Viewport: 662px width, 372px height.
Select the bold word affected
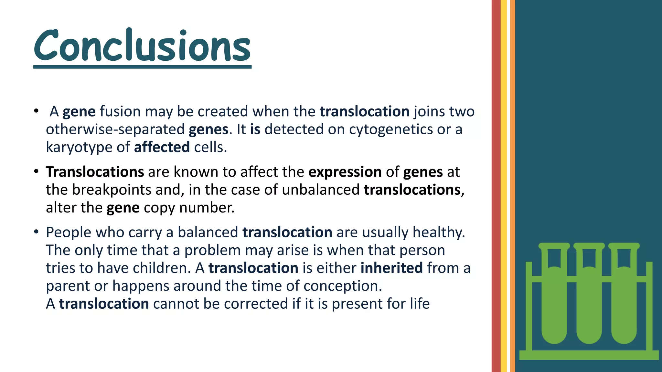pos(162,147)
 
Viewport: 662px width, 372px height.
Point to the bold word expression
pos(345,172)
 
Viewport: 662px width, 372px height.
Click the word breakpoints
pos(111,190)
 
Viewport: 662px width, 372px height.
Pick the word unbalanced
pos(320,190)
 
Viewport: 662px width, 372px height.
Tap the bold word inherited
pos(391,268)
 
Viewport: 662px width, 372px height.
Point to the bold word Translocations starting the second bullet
pos(95,172)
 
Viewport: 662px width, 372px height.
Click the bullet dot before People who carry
pos(36,232)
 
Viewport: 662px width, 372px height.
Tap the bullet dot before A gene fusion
pos(36,111)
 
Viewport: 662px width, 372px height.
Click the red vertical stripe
pos(496,186)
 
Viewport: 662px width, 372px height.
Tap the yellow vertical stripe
pos(504,186)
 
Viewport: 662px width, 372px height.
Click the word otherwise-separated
pos(115,129)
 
